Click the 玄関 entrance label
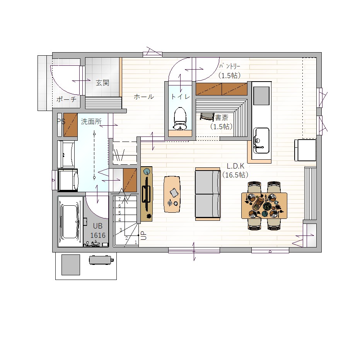tap(102, 83)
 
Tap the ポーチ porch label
tap(67, 99)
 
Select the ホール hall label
tap(144, 97)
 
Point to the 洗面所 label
tap(91, 121)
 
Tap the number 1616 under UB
tap(98, 235)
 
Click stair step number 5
tap(119, 213)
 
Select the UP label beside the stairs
tap(143, 235)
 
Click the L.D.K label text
tap(235, 166)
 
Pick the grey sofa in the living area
tap(208, 194)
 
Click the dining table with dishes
tap(264, 205)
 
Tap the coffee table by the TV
tap(172, 194)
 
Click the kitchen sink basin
tap(261, 141)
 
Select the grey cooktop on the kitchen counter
tap(261, 96)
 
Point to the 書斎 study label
tap(222, 118)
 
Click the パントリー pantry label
tap(230, 66)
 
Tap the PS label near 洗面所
tap(61, 121)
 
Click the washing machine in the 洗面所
tap(68, 180)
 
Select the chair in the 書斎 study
tap(207, 116)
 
